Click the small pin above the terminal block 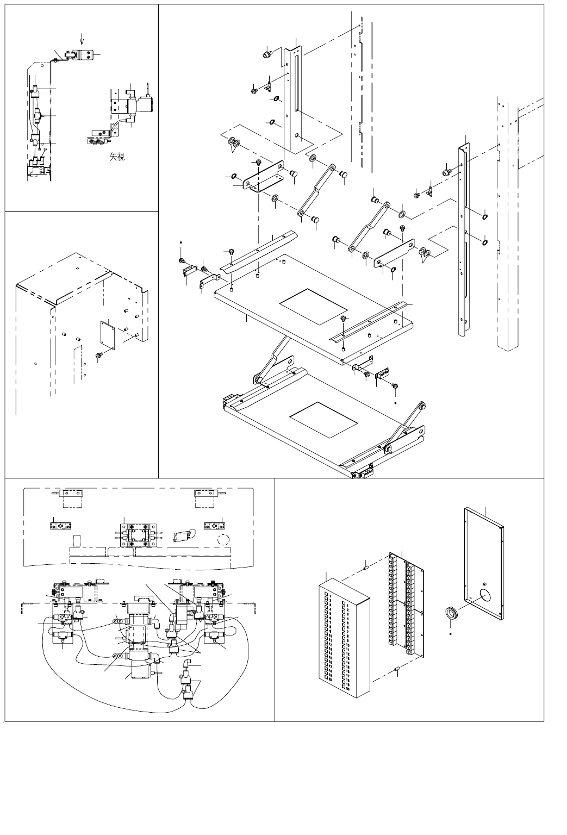tap(366, 568)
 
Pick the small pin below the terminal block tap(397, 669)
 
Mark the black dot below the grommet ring tap(451, 634)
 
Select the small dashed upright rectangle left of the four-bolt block tap(77, 541)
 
